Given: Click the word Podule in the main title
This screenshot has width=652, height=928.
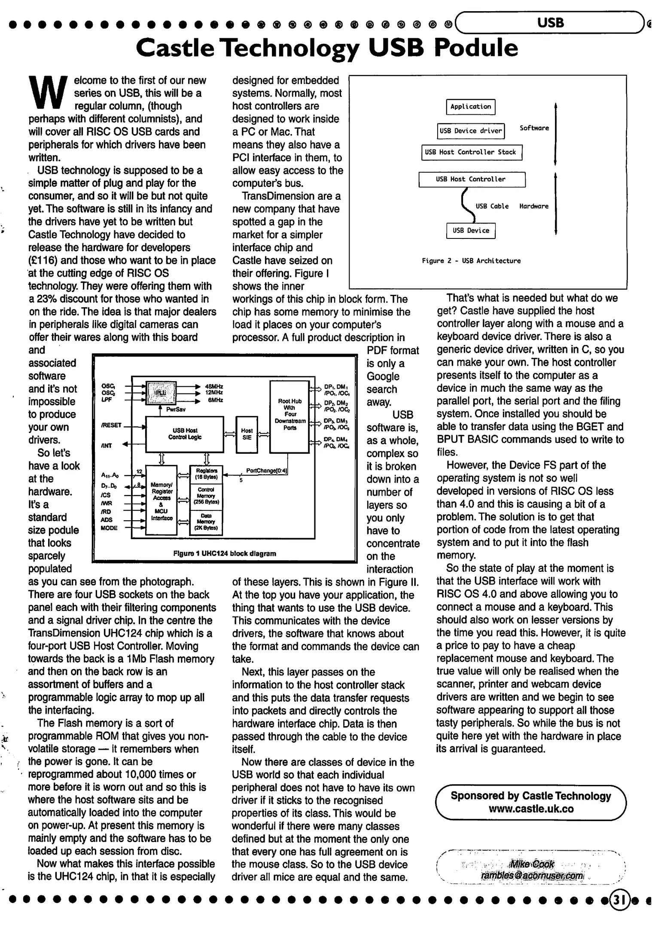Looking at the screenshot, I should (476, 48).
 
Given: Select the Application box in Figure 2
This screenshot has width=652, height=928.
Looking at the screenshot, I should (471, 107).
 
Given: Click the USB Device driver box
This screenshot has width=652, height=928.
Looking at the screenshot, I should (471, 131).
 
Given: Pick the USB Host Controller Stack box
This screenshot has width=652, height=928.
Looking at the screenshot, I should (471, 152).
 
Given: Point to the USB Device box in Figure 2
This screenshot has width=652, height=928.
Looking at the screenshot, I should (471, 230).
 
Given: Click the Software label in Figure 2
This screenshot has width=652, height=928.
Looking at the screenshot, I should (534, 128).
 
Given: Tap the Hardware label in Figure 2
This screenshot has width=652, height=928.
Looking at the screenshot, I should (533, 206).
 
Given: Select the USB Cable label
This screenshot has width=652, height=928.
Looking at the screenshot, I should (492, 206).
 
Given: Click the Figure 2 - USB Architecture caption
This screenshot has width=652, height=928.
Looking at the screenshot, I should (471, 261).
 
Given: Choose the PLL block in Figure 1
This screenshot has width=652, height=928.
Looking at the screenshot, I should (161, 392).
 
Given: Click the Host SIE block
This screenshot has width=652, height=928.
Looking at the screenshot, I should (247, 434).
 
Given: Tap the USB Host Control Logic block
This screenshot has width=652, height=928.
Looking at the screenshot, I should (185, 434).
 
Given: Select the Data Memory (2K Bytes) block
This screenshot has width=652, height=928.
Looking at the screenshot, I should (206, 522).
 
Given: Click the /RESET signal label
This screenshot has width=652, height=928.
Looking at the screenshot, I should (111, 425).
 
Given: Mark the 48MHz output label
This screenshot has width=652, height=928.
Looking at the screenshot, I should (214, 386).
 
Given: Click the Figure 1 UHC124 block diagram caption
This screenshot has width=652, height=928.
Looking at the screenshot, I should (225, 554).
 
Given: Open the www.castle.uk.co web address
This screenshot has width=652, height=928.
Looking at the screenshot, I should (531, 809).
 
